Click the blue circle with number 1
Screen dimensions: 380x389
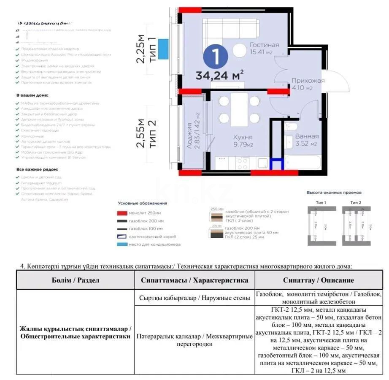[x=216, y=57]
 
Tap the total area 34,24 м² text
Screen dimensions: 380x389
[x=219, y=76]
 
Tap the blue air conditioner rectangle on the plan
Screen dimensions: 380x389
[x=162, y=45]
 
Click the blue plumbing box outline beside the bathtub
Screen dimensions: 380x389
[x=276, y=164]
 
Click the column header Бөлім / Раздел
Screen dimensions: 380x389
[x=76, y=280]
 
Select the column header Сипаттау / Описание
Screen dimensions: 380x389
[x=319, y=280]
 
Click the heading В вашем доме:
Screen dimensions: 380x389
[x=32, y=96]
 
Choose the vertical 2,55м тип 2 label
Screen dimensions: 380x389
[x=146, y=133]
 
